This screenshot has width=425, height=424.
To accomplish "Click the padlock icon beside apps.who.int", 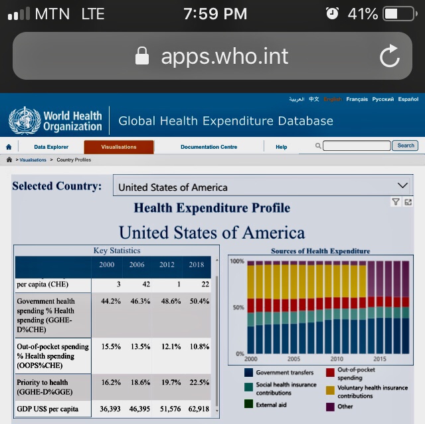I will coord(141,56).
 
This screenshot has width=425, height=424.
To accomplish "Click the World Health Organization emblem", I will coord(25,120).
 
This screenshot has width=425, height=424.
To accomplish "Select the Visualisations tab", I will coord(119,147).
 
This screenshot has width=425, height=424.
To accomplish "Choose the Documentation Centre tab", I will coord(209,147).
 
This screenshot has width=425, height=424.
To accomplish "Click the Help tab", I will coord(282,147).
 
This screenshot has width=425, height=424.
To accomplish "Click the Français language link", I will coord(357,99).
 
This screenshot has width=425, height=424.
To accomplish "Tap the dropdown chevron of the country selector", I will coord(402,185).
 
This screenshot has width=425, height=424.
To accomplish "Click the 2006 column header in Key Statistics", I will coord(136,265).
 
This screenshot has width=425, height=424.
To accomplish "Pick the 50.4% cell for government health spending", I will coord(199,301).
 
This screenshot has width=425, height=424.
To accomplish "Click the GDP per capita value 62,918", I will coord(198,409).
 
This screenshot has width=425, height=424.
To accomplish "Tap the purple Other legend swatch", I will coord(331,406).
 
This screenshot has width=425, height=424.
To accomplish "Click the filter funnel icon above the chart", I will coord(396,202).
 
